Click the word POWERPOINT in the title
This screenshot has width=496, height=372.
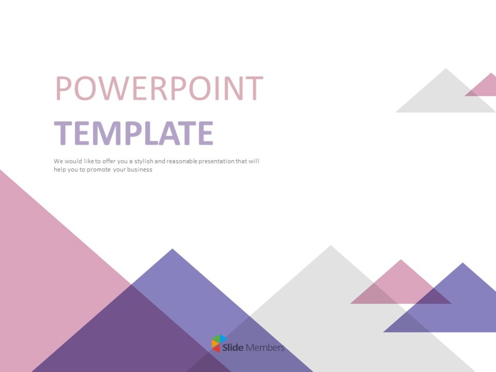[159, 88]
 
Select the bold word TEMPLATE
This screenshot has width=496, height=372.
[134, 134]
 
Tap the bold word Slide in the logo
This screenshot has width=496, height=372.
[233, 347]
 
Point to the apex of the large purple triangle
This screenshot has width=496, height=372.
[172, 251]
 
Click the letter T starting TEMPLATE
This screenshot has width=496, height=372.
[62, 134]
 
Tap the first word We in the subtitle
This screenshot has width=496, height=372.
[58, 161]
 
